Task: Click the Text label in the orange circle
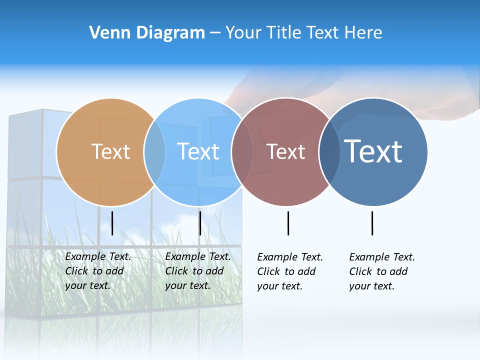[110, 151]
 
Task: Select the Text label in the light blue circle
[198, 151]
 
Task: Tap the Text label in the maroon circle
[285, 151]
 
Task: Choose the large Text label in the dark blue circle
[373, 151]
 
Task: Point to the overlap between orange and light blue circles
[155, 152]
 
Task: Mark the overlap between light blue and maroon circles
[242, 152]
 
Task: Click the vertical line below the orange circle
[112, 223]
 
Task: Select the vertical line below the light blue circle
[200, 223]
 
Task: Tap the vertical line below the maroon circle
[288, 223]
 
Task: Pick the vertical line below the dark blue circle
[372, 223]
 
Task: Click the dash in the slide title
[215, 33]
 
